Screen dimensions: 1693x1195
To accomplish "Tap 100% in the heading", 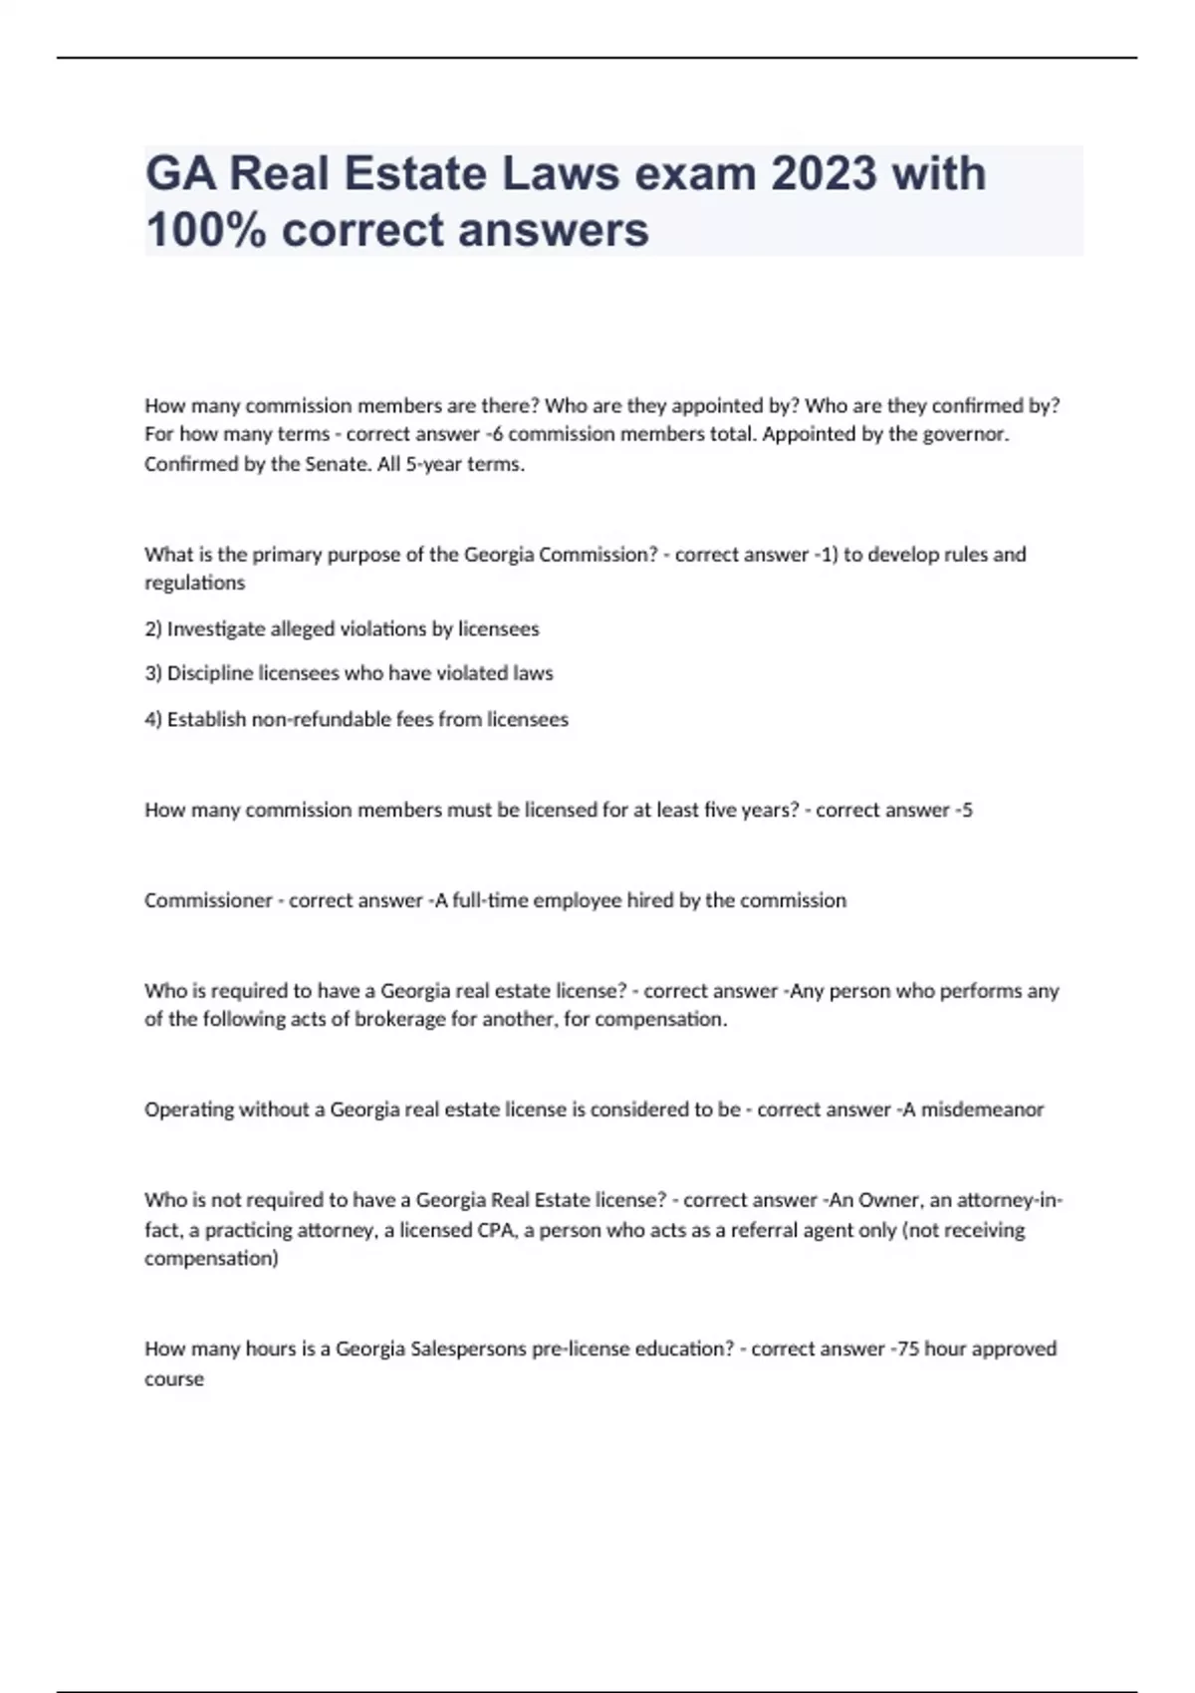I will pos(206,230).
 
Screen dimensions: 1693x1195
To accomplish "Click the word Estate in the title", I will pos(416,173).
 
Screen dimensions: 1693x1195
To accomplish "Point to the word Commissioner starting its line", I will pos(208,900).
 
